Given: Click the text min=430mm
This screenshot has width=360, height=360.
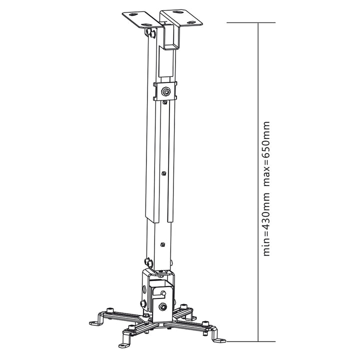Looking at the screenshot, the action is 266,224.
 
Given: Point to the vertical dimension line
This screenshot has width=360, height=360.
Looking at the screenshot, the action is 259,182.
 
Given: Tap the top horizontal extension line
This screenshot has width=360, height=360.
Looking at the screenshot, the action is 251,22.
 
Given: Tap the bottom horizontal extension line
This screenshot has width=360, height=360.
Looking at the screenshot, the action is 251,341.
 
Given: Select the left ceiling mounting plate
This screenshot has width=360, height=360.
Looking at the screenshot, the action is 142,19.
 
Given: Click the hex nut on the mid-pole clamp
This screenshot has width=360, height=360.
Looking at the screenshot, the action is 165,91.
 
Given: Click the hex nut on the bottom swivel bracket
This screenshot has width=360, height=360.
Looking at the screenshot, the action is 162,306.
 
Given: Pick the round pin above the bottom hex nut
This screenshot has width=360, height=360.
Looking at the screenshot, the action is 163,292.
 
